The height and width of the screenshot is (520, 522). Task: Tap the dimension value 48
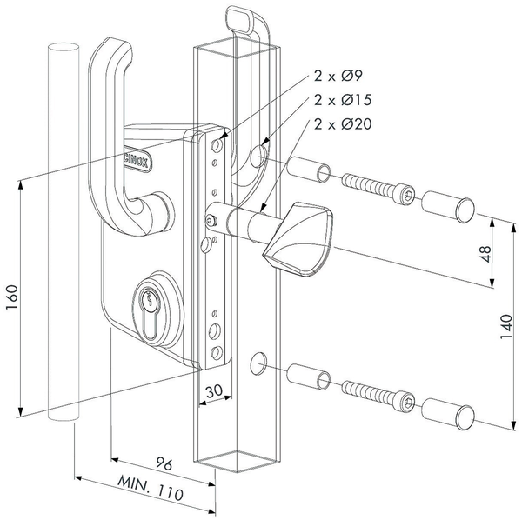pyautogui.click(x=485, y=254)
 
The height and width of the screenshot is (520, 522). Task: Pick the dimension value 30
pyautogui.click(x=213, y=390)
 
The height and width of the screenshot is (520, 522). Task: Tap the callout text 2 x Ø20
pyautogui.click(x=345, y=123)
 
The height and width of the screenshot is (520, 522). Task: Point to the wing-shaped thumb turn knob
pyautogui.click(x=290, y=237)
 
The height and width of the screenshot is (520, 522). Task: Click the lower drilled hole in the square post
pyautogui.click(x=258, y=361)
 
